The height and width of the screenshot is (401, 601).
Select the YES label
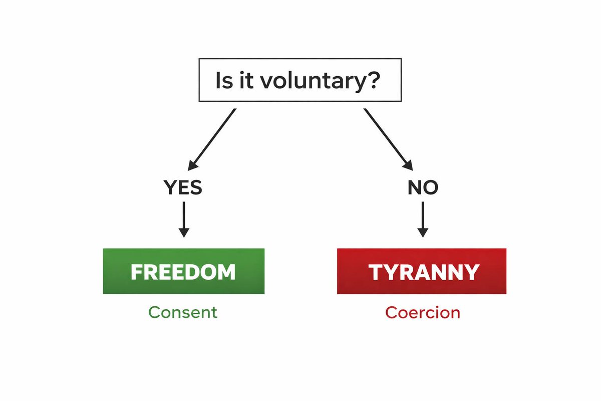click(x=183, y=188)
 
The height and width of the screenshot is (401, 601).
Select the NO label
click(x=423, y=188)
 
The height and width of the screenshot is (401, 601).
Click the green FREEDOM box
click(x=183, y=271)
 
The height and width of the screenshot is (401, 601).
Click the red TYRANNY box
click(x=421, y=271)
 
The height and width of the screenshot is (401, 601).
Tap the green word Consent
click(x=183, y=312)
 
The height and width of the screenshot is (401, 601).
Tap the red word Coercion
click(x=422, y=312)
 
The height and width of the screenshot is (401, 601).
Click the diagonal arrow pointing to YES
click(x=212, y=138)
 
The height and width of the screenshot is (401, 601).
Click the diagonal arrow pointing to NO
click(x=388, y=138)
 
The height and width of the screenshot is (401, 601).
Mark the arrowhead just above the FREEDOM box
click(x=184, y=232)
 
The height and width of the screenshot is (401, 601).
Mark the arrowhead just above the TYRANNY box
click(x=423, y=232)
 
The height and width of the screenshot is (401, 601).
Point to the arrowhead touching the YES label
click(x=192, y=165)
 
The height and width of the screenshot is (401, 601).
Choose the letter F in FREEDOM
click(x=136, y=272)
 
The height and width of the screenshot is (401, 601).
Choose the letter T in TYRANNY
click(x=376, y=272)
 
